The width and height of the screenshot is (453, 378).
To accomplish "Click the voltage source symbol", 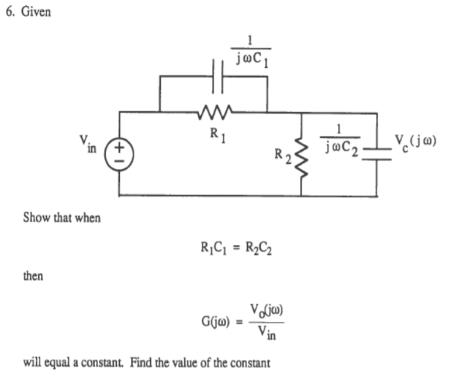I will pos(119,154).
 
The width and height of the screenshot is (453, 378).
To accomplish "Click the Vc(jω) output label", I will pos(416,143).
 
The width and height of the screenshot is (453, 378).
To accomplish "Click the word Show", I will pos(34,218).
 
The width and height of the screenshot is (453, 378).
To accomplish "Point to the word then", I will pos(33,276).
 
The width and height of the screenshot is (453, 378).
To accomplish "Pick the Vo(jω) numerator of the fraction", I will pos(267,310).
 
